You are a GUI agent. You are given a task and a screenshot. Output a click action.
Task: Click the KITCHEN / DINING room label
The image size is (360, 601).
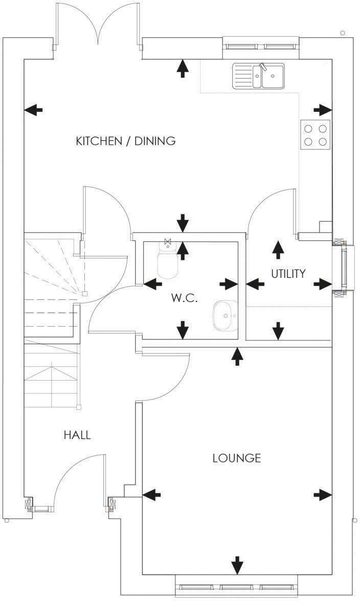125,141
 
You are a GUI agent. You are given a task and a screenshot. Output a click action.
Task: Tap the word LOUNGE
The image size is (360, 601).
236,458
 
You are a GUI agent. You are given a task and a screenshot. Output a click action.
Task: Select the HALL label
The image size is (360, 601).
77,435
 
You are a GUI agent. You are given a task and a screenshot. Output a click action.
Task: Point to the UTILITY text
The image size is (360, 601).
288,273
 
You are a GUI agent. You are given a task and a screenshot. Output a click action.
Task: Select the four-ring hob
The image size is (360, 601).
315,134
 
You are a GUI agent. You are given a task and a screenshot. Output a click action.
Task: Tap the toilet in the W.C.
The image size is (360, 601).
167,261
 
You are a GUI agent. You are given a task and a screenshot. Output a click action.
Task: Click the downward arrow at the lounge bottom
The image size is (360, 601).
237,565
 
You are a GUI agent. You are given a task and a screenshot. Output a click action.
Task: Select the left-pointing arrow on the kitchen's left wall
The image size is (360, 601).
34,109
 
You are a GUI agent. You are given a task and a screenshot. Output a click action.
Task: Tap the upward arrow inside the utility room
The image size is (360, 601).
278,249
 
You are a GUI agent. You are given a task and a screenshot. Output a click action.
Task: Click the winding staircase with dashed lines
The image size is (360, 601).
51,266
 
